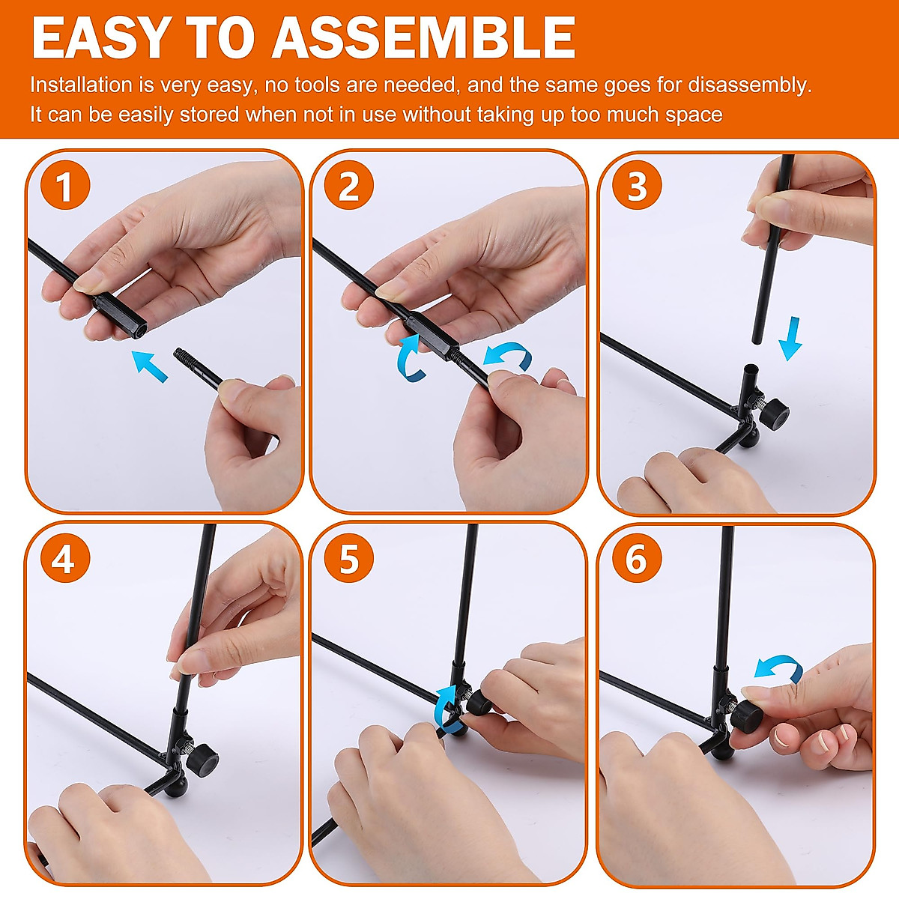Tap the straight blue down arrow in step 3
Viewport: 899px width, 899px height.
tap(791, 338)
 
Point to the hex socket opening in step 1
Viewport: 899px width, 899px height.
tap(139, 331)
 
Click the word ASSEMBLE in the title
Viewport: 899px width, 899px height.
tap(423, 38)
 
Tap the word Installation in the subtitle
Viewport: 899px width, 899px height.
tap(81, 85)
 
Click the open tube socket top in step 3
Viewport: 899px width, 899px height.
tap(751, 368)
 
